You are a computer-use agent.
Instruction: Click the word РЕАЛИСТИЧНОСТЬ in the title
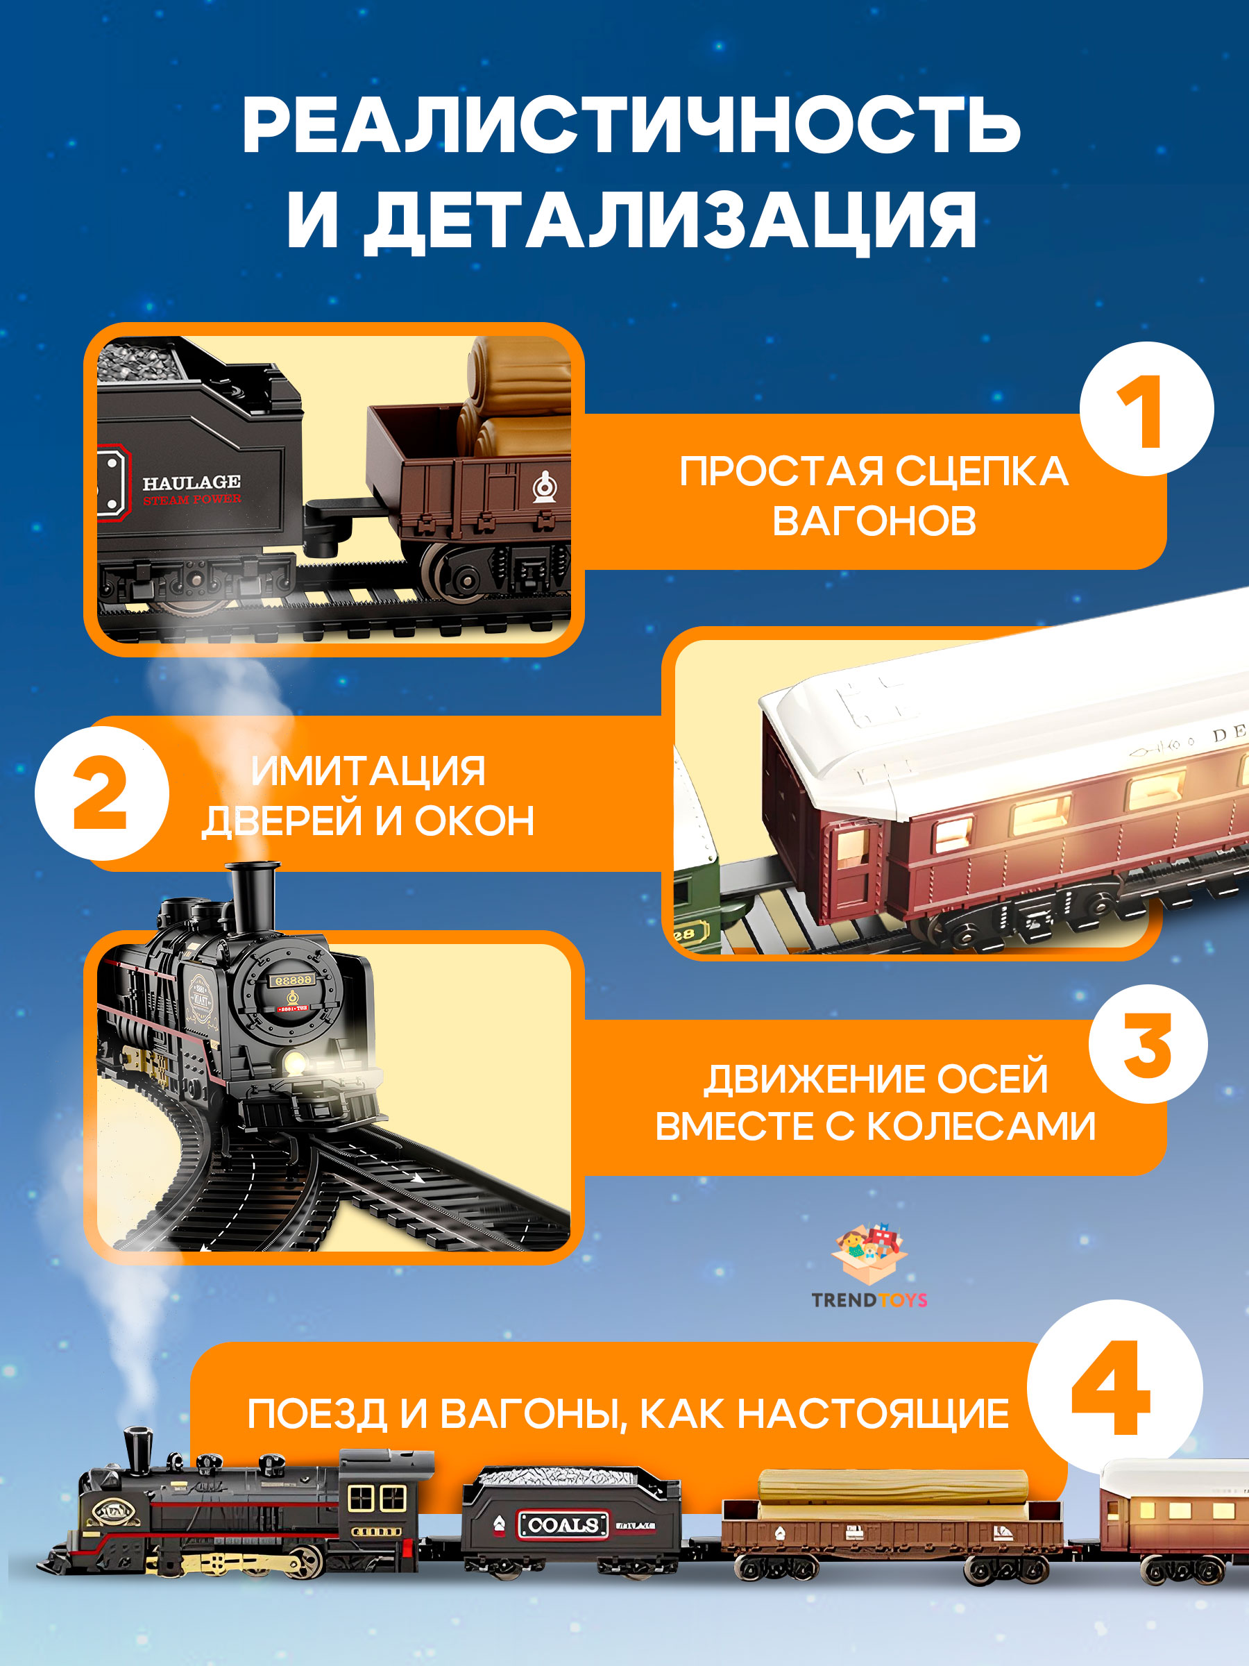(631, 126)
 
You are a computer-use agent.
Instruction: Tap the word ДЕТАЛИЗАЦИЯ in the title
(670, 220)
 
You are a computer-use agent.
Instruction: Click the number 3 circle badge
(1148, 1045)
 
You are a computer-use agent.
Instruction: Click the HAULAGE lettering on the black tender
(192, 482)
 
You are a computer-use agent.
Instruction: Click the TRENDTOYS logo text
(869, 1300)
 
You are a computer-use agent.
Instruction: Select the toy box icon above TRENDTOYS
(869, 1255)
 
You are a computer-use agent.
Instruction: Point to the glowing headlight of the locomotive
(294, 1063)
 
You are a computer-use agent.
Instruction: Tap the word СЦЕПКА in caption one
(982, 472)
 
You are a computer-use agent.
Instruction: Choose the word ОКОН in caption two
(475, 821)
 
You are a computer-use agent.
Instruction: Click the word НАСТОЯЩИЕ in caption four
(874, 1415)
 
